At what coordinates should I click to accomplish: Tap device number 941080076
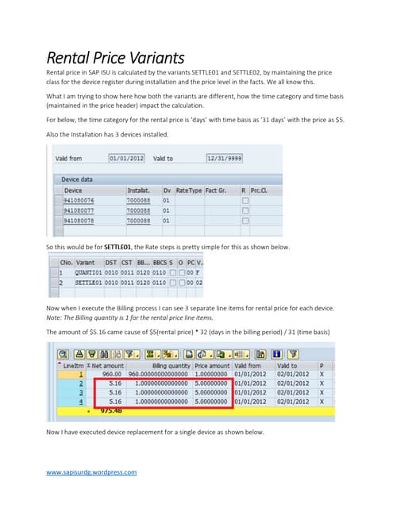tap(84, 201)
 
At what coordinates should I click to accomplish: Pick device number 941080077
tap(84, 210)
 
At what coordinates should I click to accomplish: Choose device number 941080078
tap(84, 221)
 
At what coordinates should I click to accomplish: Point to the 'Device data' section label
tap(82, 180)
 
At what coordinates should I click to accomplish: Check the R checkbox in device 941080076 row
tap(245, 201)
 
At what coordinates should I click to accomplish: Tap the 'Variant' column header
tap(86, 262)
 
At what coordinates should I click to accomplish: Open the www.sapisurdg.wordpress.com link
tap(92, 471)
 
